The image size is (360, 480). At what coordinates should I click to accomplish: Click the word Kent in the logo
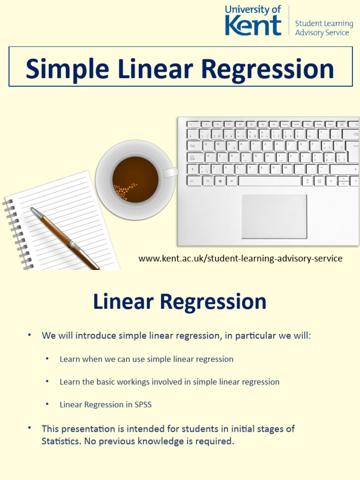pos(253,25)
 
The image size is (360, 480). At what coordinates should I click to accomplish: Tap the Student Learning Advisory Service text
pos(324,28)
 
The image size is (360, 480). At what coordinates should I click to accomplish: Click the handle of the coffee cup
pos(172,172)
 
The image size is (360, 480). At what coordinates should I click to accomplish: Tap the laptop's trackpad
pos(274,216)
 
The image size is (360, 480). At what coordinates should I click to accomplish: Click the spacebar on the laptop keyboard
pos(270,181)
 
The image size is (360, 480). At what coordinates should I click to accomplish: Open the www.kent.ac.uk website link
pos(240,258)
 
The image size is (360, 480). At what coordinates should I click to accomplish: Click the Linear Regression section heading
pos(180,302)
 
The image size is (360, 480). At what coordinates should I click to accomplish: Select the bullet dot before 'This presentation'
pos(30,428)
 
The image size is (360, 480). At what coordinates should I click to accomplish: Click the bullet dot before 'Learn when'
pos(47,359)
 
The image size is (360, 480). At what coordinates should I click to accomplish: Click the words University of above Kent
pos(253,9)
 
